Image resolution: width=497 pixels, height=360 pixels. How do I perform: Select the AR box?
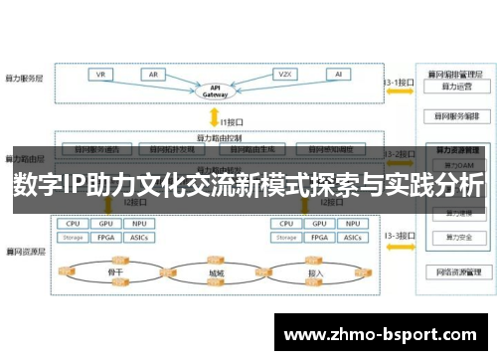coord(154,75)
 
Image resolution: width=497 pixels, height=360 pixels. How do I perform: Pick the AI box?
coord(339,75)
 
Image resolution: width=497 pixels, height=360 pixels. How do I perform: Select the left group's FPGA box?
coord(106,238)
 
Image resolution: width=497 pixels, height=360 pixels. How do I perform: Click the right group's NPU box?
coord(354,225)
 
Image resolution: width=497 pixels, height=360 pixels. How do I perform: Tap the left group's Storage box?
coord(74,238)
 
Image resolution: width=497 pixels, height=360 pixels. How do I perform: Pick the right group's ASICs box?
coord(354,238)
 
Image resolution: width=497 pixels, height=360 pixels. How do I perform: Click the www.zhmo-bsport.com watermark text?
coord(383,308)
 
